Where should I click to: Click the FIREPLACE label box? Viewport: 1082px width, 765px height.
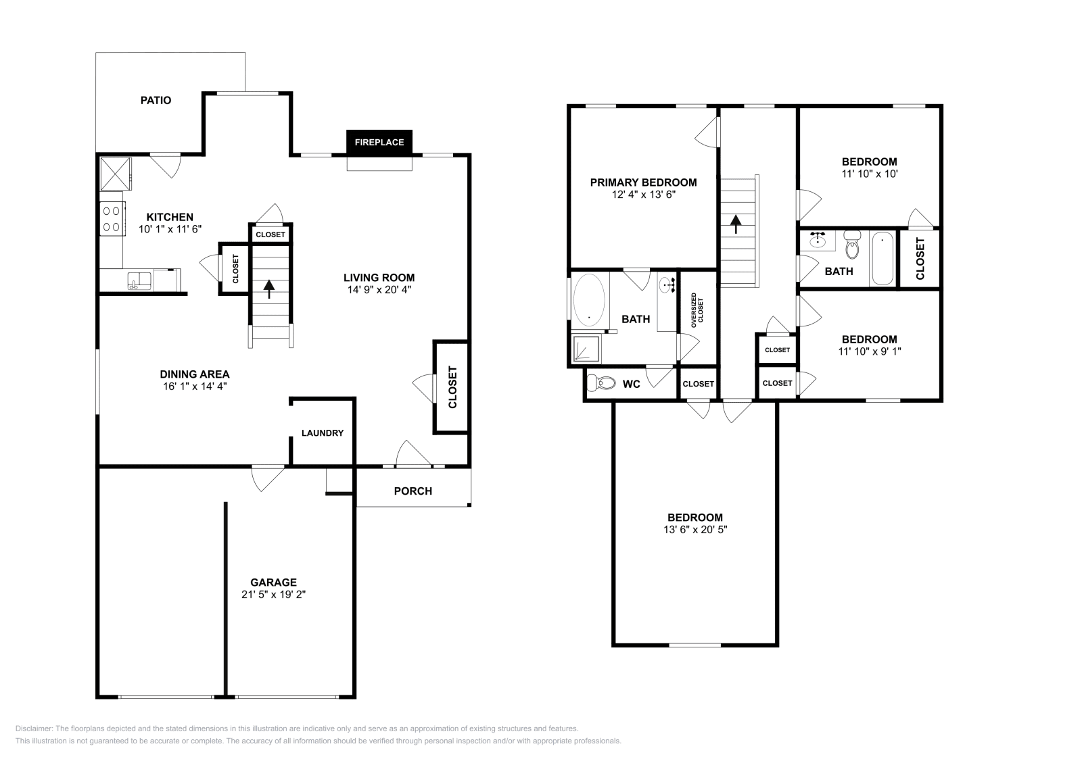pyautogui.click(x=379, y=143)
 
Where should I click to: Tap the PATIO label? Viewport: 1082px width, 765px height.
pyautogui.click(x=156, y=100)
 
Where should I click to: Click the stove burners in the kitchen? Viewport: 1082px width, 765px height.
pyautogui.click(x=112, y=218)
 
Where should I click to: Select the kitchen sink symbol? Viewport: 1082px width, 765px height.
pyautogui.click(x=140, y=280)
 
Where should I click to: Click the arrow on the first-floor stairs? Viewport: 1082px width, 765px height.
pyautogui.click(x=269, y=289)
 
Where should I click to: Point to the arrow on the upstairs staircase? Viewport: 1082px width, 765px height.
pyautogui.click(x=735, y=223)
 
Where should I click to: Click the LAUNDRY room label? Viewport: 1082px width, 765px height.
pyautogui.click(x=323, y=433)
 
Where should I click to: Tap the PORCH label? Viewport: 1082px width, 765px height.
pyautogui.click(x=413, y=491)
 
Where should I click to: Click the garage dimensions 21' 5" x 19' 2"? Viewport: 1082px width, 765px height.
pyautogui.click(x=273, y=595)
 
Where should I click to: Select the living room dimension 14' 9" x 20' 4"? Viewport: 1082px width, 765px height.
pyautogui.click(x=379, y=289)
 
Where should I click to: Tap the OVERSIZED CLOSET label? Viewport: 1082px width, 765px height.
pyautogui.click(x=697, y=311)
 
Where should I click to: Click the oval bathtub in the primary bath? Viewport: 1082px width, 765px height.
pyautogui.click(x=588, y=300)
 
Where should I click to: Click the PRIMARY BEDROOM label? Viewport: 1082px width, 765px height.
pyautogui.click(x=643, y=182)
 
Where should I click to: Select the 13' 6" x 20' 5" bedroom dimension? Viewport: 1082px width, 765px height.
pyautogui.click(x=695, y=530)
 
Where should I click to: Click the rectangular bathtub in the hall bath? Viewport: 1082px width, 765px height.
pyautogui.click(x=883, y=259)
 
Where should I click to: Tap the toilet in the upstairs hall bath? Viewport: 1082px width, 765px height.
pyautogui.click(x=852, y=246)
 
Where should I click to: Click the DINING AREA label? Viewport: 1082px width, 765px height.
pyautogui.click(x=195, y=374)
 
